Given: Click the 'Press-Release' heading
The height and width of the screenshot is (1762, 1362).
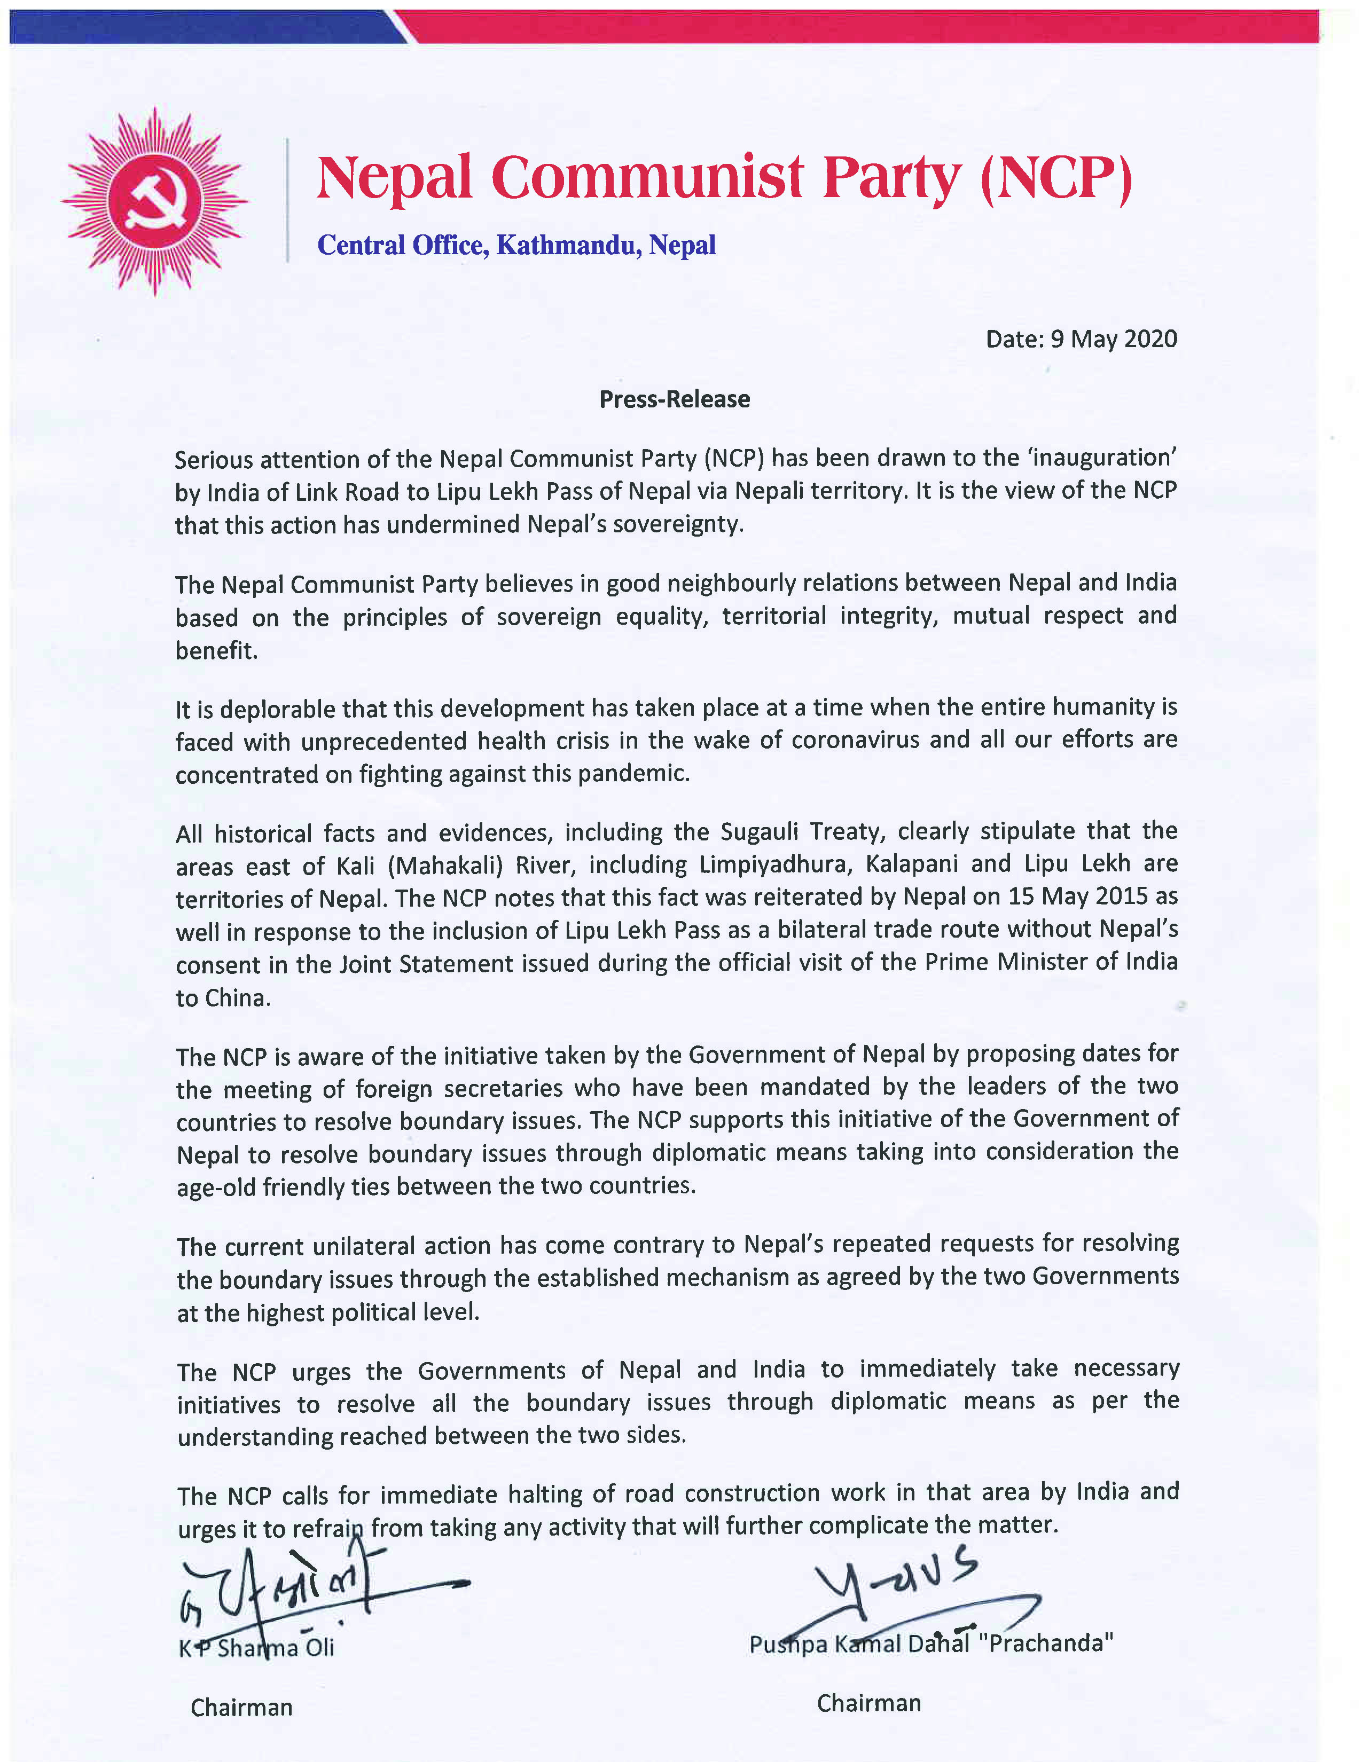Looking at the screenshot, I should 675,399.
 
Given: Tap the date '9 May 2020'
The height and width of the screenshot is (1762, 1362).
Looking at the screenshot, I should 1114,339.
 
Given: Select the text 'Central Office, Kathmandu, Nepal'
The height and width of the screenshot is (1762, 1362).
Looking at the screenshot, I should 516,245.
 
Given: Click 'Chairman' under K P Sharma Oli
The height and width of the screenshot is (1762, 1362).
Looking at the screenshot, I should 241,1707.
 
